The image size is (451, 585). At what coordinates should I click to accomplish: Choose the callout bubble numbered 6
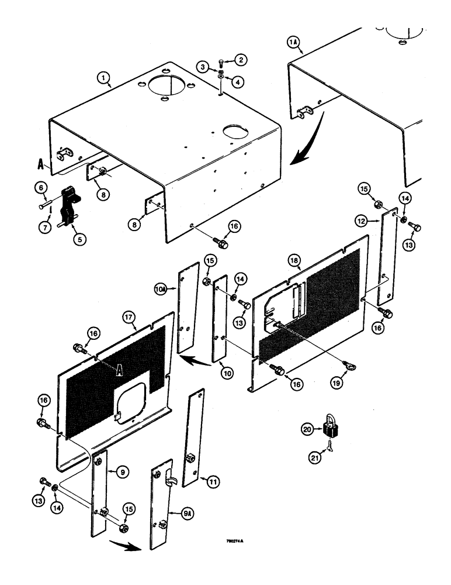[42, 188]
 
